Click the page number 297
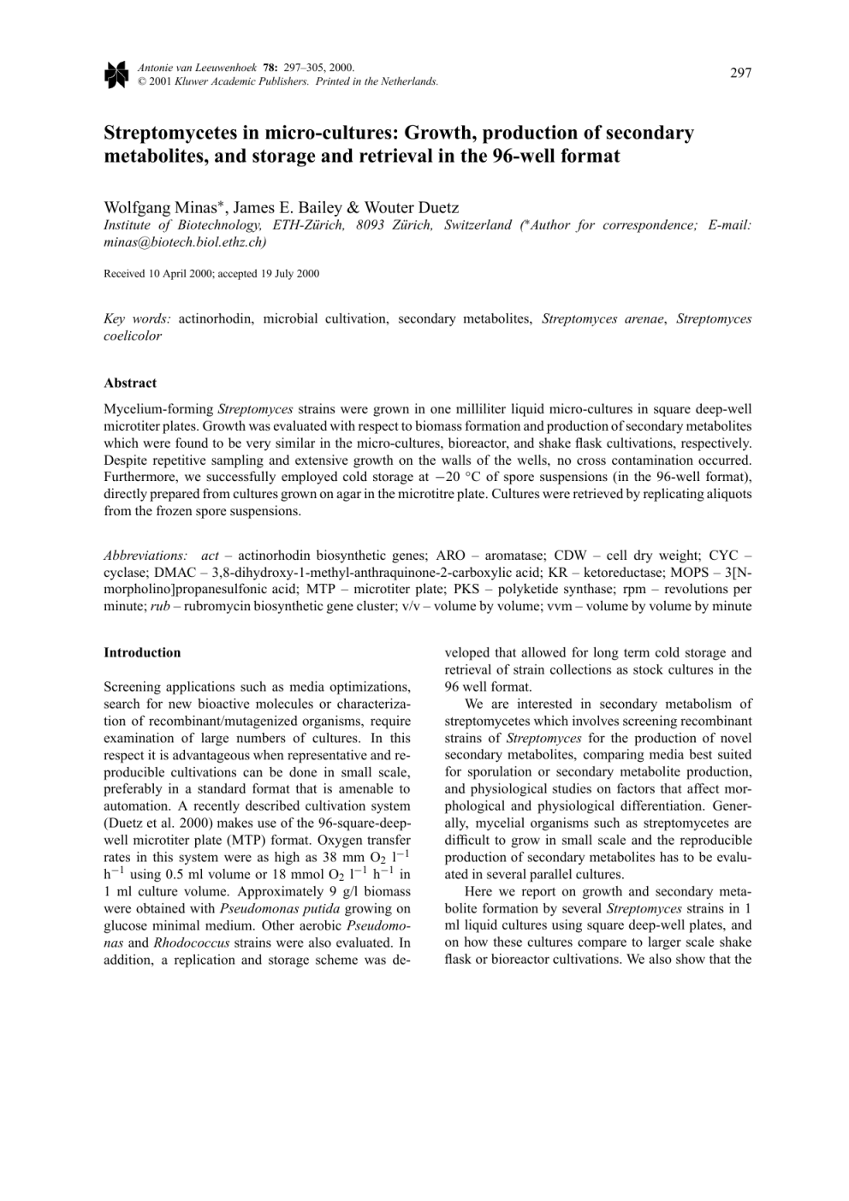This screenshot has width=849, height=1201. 740,73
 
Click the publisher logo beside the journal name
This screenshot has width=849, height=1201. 116,74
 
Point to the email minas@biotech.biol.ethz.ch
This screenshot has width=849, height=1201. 184,242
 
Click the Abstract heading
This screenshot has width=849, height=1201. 130,383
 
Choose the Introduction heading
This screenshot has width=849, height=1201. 142,652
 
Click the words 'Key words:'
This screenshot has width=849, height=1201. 137,318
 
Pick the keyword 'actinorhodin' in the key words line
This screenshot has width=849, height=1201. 216,318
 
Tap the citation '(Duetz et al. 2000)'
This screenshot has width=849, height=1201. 154,823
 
